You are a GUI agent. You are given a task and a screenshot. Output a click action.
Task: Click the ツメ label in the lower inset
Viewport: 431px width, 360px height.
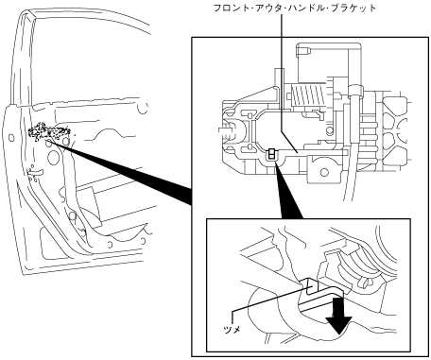232,330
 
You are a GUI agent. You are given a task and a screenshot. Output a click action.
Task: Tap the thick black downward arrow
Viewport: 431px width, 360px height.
338,315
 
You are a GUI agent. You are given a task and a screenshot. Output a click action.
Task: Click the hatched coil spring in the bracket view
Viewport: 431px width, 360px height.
308,94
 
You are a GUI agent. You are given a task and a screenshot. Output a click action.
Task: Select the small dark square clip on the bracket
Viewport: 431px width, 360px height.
271,154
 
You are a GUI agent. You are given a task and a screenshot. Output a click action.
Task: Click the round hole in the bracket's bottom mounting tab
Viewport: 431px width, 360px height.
324,172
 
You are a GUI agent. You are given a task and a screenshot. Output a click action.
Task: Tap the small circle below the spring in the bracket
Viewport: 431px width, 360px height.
330,129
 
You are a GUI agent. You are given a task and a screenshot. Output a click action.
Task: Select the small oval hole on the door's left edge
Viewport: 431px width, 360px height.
11,138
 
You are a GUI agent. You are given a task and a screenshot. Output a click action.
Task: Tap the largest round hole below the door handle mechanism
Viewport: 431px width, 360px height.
53,158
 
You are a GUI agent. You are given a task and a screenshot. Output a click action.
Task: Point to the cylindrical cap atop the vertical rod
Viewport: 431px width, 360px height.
354,91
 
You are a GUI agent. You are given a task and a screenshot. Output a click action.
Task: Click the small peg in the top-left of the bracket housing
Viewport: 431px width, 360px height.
304,50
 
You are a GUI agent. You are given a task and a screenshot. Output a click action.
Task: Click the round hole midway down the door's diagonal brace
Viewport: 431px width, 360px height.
73,216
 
